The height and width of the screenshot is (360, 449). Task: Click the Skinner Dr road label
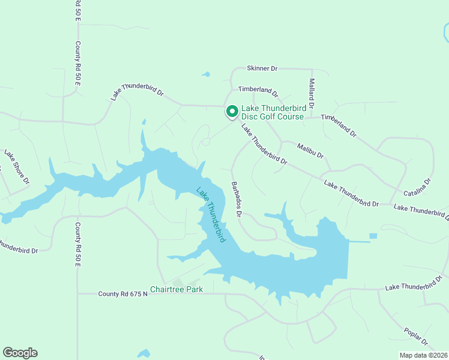tap(262, 69)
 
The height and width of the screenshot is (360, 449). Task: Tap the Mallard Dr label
tap(312, 89)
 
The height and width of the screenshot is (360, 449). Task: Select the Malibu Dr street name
tap(310, 149)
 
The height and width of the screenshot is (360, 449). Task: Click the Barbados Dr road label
tap(235, 199)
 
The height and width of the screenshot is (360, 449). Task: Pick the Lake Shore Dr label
tap(17, 167)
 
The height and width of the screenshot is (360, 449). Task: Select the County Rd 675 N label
tap(122, 294)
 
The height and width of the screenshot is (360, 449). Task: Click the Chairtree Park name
tap(176, 289)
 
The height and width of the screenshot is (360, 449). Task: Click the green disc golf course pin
tap(232, 112)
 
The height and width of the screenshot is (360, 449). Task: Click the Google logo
tap(20, 353)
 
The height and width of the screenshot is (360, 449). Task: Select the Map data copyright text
tap(423, 355)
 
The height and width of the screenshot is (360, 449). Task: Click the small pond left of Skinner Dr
tap(206, 75)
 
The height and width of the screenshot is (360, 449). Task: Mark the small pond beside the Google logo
tap(143, 353)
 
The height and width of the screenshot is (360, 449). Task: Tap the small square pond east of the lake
tap(373, 236)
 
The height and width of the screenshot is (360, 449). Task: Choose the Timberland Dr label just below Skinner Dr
tap(258, 91)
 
